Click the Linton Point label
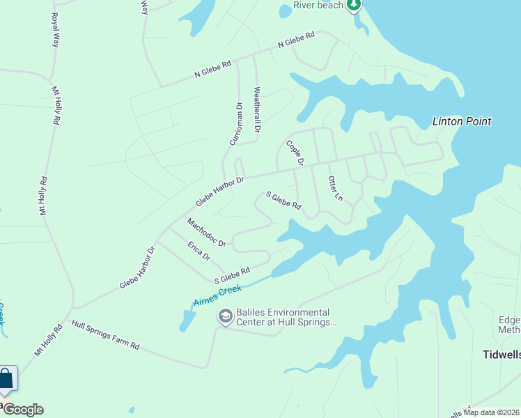(462, 121)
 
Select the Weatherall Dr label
(257, 109)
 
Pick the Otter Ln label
(335, 188)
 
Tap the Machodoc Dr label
(206, 233)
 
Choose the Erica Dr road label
(199, 250)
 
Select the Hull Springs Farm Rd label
(106, 336)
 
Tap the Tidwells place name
(501, 355)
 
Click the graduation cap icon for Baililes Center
(225, 317)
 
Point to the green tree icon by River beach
(355, 6)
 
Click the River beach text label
(318, 6)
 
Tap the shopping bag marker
(6, 380)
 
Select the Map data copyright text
(492, 412)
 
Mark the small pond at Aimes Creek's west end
(187, 320)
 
